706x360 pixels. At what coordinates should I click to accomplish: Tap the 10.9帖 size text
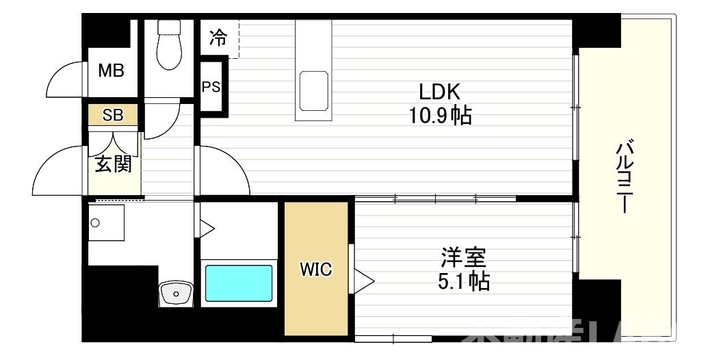(x=441, y=116)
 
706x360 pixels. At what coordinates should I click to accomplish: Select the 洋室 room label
(x=463, y=258)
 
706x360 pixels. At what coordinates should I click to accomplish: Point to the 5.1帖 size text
(x=463, y=281)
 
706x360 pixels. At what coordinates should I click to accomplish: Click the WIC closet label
(x=316, y=270)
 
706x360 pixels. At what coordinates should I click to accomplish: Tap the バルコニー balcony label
(x=624, y=177)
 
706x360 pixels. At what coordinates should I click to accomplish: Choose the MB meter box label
(x=111, y=70)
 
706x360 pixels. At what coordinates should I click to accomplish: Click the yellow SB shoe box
(x=113, y=115)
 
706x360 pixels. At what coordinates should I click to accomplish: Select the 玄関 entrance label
(x=113, y=164)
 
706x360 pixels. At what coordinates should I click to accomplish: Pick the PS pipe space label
(x=211, y=88)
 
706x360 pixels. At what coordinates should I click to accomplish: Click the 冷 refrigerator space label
(x=218, y=37)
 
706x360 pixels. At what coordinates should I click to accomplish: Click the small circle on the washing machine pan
(x=95, y=222)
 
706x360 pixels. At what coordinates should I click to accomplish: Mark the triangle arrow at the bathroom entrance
(x=207, y=227)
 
